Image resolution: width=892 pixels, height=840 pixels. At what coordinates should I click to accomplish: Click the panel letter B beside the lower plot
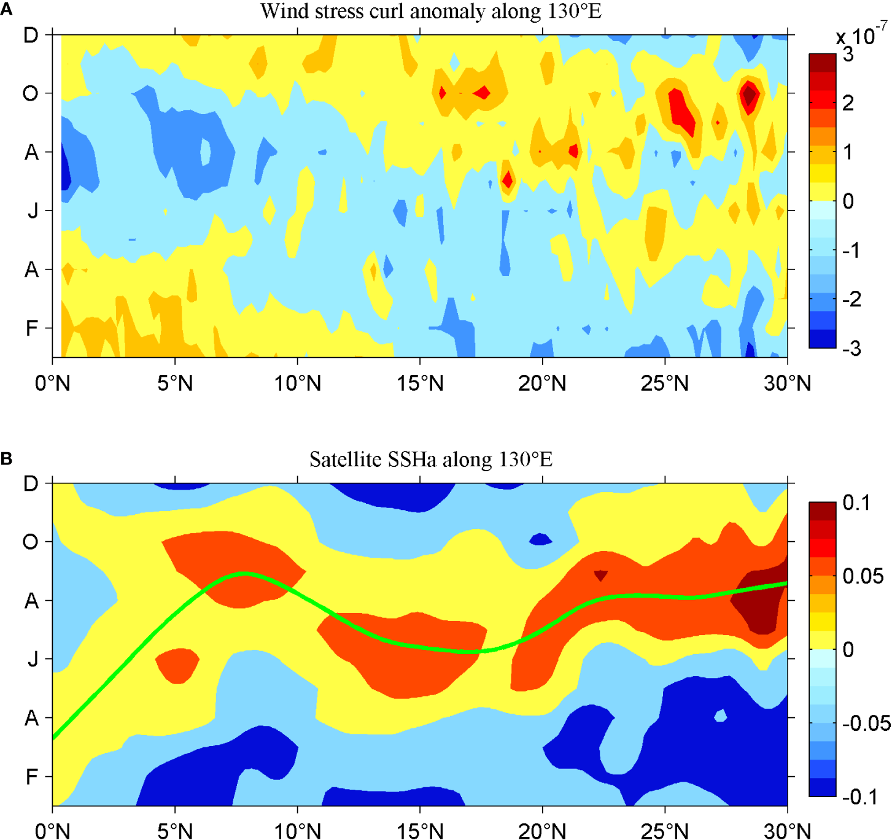point(6,458)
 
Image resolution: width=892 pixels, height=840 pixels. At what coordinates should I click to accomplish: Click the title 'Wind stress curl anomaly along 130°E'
point(430,11)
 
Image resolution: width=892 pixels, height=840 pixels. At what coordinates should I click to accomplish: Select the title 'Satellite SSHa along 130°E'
point(430,460)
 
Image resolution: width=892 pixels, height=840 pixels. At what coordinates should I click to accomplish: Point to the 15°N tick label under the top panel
point(420,383)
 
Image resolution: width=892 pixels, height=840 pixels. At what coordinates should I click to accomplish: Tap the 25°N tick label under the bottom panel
point(664,831)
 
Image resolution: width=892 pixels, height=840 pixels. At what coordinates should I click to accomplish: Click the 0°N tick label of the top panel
point(52,383)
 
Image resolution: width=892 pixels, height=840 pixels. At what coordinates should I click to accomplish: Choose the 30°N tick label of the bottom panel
point(787,831)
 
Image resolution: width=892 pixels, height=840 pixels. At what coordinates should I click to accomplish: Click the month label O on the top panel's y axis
point(30,94)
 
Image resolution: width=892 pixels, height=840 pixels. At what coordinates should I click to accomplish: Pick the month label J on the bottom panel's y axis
point(33,659)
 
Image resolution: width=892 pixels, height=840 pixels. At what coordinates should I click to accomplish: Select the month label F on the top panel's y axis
point(32,329)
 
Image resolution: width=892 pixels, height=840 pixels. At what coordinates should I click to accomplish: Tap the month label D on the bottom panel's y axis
point(31,484)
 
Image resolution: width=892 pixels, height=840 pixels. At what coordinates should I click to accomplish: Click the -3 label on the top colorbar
point(851,349)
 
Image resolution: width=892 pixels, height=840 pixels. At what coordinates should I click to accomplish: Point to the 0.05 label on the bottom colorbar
point(863,576)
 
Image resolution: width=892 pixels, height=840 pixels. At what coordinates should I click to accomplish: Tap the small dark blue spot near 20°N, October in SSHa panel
point(540,539)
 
